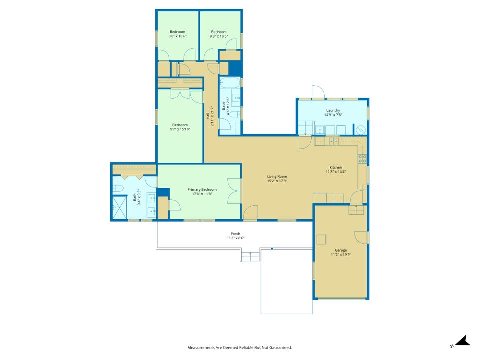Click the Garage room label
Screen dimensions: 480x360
[340, 250]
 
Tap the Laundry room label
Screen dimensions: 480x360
[333, 110]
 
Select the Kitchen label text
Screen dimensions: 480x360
[336, 167]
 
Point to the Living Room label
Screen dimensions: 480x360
[277, 176]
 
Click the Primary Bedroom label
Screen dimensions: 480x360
[202, 190]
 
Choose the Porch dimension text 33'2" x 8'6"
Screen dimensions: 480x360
[235, 238]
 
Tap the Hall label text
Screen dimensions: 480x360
[208, 116]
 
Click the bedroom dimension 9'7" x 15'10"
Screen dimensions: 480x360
[180, 129]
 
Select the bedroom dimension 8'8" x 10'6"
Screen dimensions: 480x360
[177, 36]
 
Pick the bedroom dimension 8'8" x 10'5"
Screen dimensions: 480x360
[219, 36]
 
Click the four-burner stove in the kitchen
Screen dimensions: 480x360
[363, 159]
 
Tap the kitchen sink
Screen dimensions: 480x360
[333, 141]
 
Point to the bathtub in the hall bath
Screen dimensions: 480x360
[230, 82]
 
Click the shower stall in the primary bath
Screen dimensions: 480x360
[119, 208]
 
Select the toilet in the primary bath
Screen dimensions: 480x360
[118, 188]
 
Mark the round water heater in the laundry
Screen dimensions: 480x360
[361, 130]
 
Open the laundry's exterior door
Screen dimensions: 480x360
[318, 92]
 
